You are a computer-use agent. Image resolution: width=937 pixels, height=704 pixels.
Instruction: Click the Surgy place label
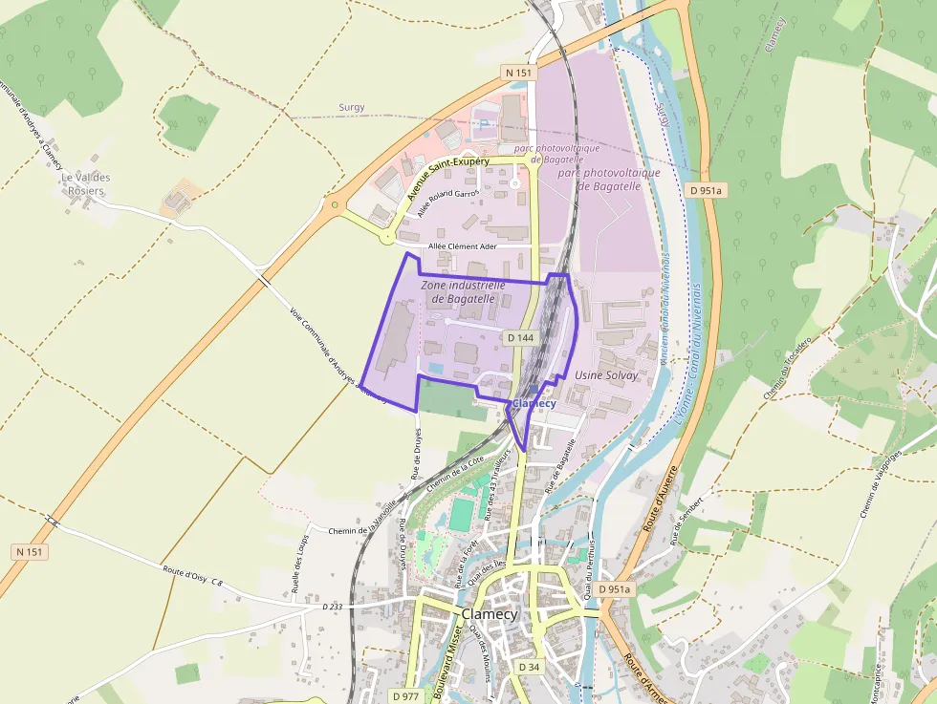pyautogui.click(x=351, y=108)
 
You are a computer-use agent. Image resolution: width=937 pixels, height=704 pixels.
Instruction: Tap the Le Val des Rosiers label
pyautogui.click(x=86, y=184)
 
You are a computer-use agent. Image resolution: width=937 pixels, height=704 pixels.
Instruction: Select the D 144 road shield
pyautogui.click(x=520, y=337)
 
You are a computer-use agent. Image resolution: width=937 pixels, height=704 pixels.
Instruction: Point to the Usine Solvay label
pyautogui.click(x=606, y=375)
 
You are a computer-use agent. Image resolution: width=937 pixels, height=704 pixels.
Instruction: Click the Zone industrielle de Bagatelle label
pyautogui.click(x=463, y=291)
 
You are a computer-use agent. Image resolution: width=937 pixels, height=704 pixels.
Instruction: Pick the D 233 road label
pyautogui.click(x=332, y=607)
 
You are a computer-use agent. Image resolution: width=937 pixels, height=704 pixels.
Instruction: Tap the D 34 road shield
pyautogui.click(x=529, y=666)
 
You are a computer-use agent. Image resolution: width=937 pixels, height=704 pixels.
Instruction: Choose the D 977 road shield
pyautogui.click(x=404, y=695)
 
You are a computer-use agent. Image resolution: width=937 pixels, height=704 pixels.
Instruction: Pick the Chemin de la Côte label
pyautogui.click(x=454, y=474)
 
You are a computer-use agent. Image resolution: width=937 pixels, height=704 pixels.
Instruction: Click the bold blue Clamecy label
pyautogui.click(x=534, y=404)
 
